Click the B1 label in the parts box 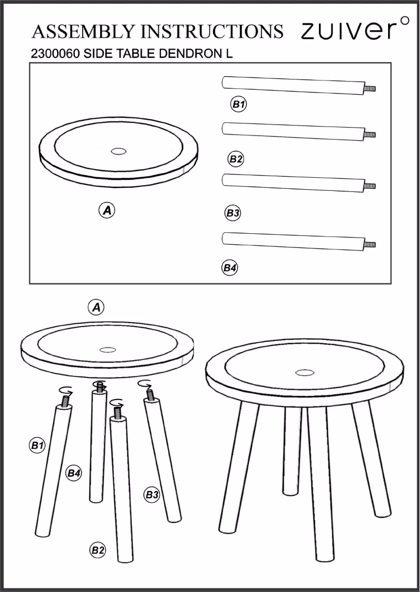(x=239, y=105)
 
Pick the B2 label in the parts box (x=236, y=159)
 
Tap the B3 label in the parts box (x=233, y=213)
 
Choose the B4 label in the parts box (x=230, y=268)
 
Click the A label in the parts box (x=107, y=211)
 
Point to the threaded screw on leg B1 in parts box (x=370, y=89)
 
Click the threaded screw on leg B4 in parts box (x=370, y=244)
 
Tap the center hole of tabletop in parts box (x=119, y=151)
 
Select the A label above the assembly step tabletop (x=96, y=308)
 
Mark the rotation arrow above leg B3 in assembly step (x=145, y=384)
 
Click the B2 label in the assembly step (x=98, y=550)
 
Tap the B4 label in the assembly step (x=73, y=473)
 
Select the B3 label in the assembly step (x=152, y=494)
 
